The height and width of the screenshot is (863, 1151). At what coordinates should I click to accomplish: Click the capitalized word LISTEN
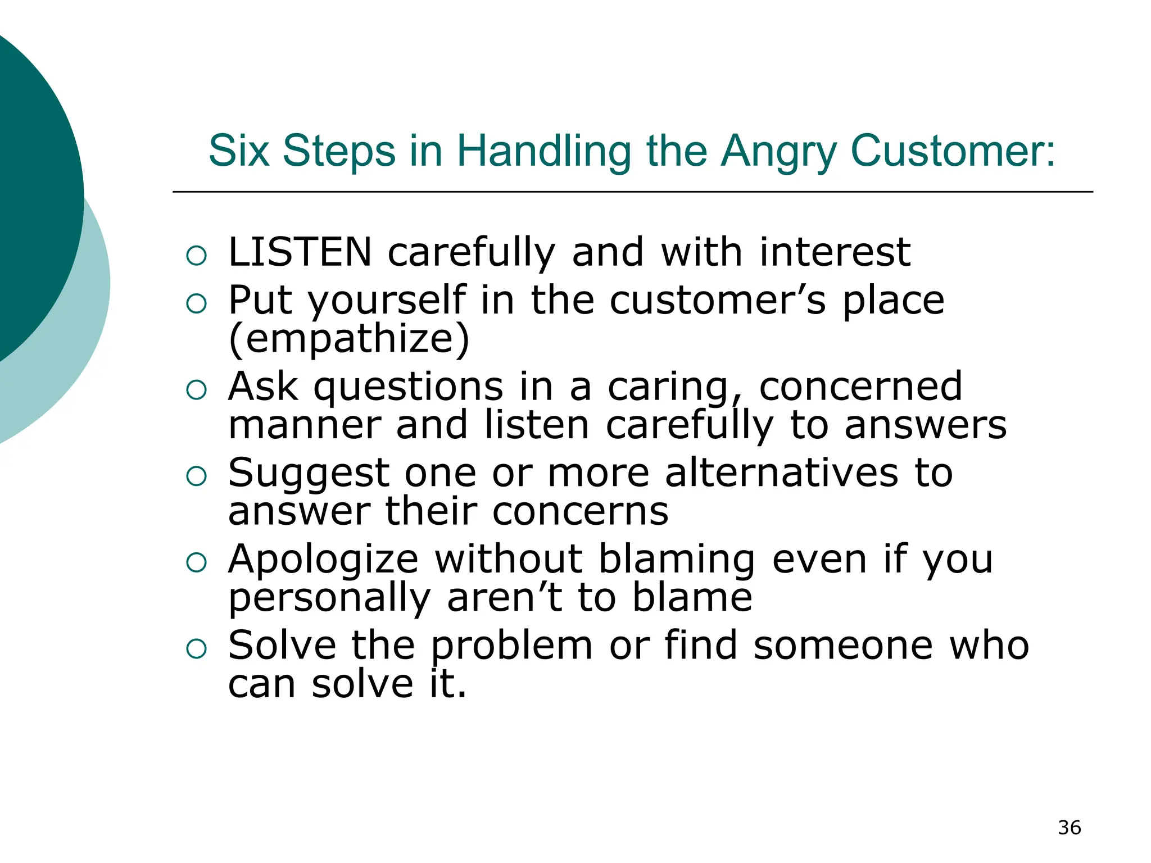(x=300, y=252)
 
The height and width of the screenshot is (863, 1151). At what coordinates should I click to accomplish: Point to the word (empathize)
(x=348, y=339)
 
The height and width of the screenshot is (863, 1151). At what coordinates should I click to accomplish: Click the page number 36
(x=1069, y=828)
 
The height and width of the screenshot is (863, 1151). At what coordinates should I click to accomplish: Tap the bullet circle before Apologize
(x=196, y=562)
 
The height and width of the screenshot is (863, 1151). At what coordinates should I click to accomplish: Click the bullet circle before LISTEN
(x=196, y=256)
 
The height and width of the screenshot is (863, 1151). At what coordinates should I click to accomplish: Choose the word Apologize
(x=323, y=560)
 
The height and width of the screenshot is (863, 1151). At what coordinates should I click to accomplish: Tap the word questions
(x=408, y=388)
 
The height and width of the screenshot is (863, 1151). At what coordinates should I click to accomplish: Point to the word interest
(x=835, y=252)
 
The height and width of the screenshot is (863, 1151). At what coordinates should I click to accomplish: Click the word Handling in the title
(x=543, y=152)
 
